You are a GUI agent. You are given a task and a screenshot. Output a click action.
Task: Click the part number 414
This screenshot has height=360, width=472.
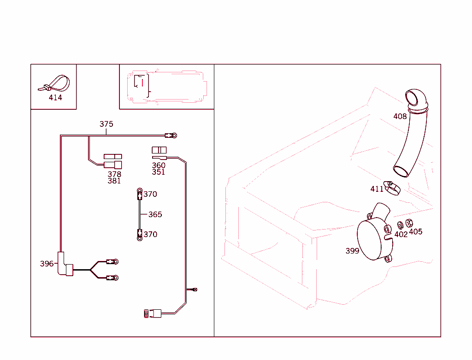[x=55, y=98]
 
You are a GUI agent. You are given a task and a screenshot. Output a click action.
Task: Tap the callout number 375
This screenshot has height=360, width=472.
[x=106, y=124]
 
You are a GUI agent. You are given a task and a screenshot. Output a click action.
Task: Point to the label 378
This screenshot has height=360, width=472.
[x=114, y=174]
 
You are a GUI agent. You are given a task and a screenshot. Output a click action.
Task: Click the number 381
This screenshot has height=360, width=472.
[x=114, y=181]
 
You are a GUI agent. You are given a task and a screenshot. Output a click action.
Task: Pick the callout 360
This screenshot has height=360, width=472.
[x=159, y=165]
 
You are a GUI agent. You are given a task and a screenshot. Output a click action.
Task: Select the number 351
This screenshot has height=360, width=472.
[x=159, y=172]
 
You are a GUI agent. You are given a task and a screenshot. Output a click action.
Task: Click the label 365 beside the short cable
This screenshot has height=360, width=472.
[x=155, y=215]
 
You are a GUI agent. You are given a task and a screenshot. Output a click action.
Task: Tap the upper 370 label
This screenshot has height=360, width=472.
[x=150, y=194]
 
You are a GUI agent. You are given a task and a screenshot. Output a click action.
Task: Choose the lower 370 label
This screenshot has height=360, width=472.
[x=150, y=235]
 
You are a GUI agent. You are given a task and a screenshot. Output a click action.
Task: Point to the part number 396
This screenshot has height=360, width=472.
[x=47, y=264]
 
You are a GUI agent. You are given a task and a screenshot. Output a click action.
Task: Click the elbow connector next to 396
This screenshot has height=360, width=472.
[x=64, y=264]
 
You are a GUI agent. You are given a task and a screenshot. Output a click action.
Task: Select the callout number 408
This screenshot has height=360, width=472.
[x=400, y=116]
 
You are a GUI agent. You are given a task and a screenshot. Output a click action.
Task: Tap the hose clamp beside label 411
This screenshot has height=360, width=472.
[x=392, y=188]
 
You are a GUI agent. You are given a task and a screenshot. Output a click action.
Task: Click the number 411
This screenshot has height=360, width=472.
[x=377, y=189]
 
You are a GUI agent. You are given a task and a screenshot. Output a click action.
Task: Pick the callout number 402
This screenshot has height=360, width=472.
[x=401, y=234]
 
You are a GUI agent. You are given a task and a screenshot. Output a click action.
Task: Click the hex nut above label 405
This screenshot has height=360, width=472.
[x=409, y=223]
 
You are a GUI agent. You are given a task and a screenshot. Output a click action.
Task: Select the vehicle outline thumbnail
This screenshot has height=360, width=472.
[x=167, y=87]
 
